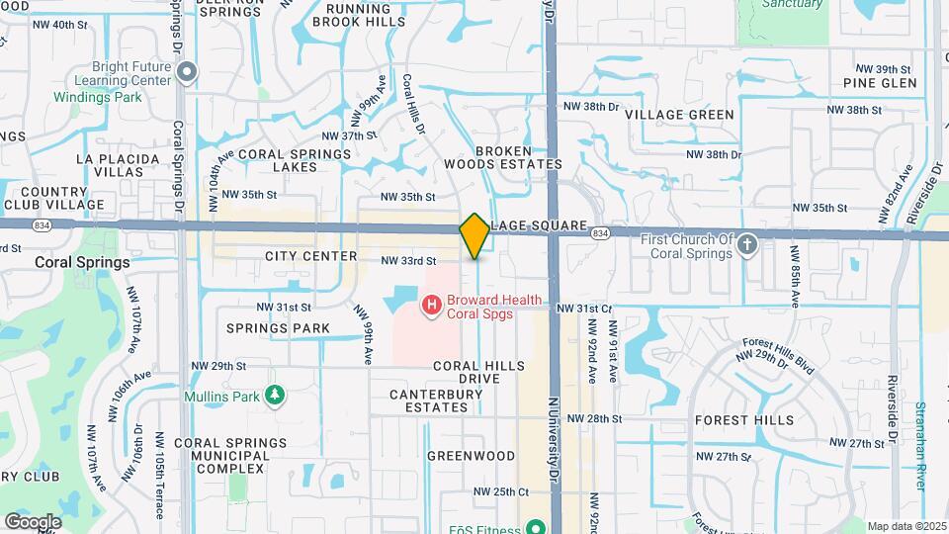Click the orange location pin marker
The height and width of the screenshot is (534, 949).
click(474, 235)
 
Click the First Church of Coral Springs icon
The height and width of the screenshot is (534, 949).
click(747, 244)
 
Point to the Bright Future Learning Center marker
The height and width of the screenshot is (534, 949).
click(187, 71)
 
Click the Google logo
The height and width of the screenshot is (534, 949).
click(33, 521)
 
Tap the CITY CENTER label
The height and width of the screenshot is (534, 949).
click(310, 256)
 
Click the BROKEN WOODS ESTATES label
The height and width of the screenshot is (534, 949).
click(518, 157)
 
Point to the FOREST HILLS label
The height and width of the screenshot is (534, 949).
click(743, 420)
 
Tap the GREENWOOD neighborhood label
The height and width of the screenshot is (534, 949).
click(471, 456)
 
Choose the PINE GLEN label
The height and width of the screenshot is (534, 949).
click(880, 83)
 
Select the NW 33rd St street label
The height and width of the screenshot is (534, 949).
click(408, 261)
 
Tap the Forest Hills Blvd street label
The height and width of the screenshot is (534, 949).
click(778, 357)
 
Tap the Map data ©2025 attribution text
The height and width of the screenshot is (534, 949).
click(906, 526)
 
